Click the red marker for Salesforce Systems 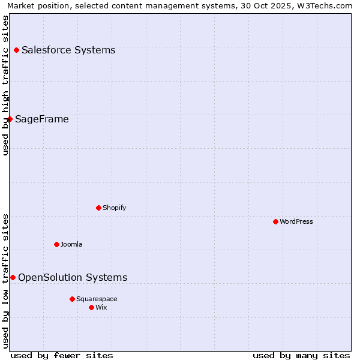(16, 50)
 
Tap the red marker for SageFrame (10, 119)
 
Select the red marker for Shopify (98, 208)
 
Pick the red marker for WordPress (275, 221)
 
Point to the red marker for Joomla (56, 244)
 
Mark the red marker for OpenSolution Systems (13, 277)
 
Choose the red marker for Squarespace (72, 299)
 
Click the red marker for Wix (91, 307)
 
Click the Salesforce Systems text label (68, 50)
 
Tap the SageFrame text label (42, 119)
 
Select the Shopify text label (114, 208)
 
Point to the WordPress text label (296, 221)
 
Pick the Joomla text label (71, 244)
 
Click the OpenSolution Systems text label (73, 277)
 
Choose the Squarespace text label (97, 299)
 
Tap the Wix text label (101, 307)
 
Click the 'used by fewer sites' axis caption (62, 355)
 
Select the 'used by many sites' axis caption (301, 355)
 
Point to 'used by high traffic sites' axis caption (6, 85)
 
